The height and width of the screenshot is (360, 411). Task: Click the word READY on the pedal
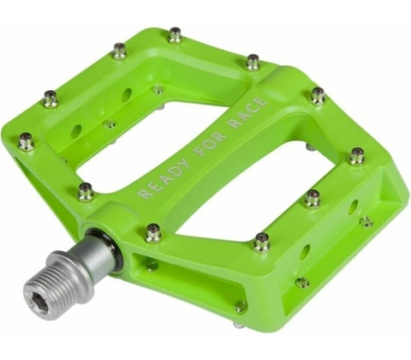164,179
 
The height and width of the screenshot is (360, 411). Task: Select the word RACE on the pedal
248,112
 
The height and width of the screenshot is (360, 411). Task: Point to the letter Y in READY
182,165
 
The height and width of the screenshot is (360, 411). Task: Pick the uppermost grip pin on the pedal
175,35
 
